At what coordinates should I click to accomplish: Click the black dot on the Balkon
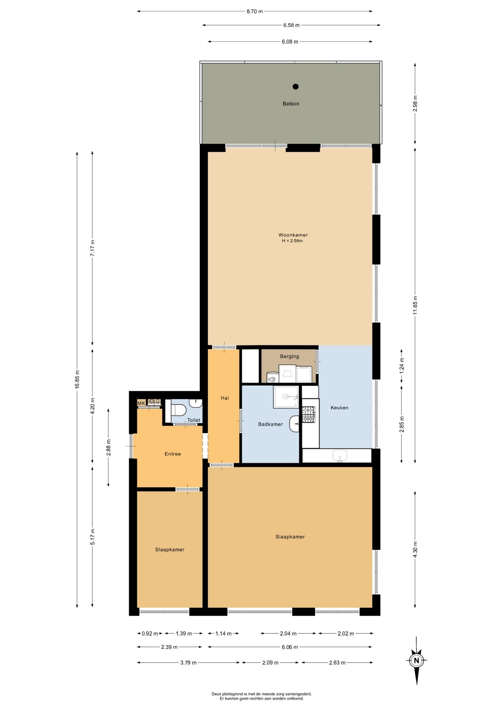point(295,87)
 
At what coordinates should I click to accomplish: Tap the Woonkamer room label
point(293,235)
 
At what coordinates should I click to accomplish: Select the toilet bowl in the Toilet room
point(178,410)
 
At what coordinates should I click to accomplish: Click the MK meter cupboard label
point(141,403)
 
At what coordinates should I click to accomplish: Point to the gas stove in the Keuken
point(308,415)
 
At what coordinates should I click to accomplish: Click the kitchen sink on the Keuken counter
point(340,455)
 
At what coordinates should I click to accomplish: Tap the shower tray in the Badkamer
point(286,397)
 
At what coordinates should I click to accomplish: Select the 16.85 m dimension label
point(77,379)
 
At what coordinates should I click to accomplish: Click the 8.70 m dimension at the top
point(255,11)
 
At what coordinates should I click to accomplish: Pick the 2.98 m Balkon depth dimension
point(415,104)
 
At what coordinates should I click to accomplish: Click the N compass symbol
point(417,660)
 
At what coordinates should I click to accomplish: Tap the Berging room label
point(289,356)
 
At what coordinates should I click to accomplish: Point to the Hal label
point(225,398)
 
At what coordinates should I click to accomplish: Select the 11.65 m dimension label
point(415,305)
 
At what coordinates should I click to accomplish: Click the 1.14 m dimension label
point(223,633)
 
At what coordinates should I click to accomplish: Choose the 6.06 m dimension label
point(290,647)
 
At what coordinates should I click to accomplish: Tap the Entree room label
point(173,454)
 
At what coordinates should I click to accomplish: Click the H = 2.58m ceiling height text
point(292,241)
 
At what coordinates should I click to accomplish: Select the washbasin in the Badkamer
point(295,424)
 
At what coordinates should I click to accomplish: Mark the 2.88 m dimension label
point(109,447)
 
